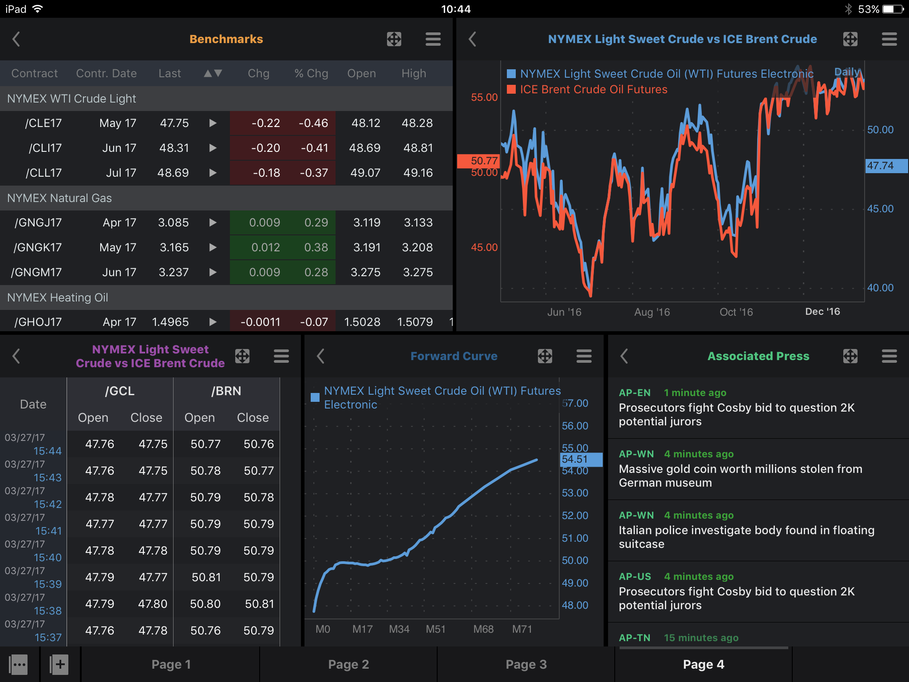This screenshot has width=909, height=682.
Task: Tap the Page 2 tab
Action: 348,664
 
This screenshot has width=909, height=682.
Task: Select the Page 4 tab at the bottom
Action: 703,664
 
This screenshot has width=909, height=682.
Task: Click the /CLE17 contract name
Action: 43,123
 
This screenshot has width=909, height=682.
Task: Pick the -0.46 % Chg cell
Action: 313,123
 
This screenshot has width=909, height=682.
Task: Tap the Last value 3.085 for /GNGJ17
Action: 174,222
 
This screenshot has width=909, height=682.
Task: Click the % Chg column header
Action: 311,73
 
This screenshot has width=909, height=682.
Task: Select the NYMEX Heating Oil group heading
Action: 58,297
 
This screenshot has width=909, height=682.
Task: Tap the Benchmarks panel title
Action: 226,39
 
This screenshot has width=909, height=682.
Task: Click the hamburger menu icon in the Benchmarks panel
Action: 433,39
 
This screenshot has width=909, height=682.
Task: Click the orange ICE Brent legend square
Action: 511,89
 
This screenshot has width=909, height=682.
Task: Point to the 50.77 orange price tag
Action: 478,161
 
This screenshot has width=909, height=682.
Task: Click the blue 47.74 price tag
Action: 886,166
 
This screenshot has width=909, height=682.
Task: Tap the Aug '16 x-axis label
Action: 652,312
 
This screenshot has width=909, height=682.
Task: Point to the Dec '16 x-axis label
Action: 822,312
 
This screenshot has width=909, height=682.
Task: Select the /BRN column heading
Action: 226,391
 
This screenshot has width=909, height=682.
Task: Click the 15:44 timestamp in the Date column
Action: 47,451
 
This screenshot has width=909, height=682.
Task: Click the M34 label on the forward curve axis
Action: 399,629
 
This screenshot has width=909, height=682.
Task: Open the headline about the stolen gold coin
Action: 740,476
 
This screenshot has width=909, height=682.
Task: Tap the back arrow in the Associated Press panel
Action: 624,356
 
